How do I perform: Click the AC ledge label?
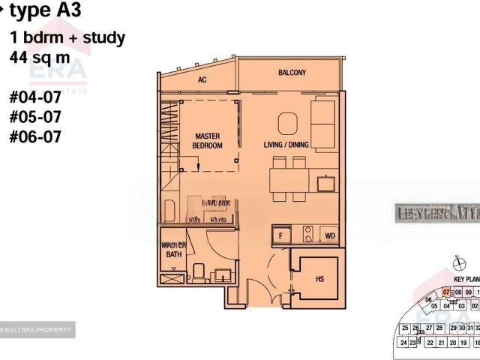[x=202, y=79]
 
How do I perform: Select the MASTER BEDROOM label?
[x=207, y=141]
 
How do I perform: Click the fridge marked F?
[x=280, y=235]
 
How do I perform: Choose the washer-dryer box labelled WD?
[x=329, y=235]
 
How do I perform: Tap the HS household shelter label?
[x=319, y=278]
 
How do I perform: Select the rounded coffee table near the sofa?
[x=286, y=122]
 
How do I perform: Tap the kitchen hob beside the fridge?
[x=307, y=235]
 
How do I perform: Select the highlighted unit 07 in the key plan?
[x=445, y=292]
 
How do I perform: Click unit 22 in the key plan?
[x=430, y=342]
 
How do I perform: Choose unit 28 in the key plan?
[x=439, y=328]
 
